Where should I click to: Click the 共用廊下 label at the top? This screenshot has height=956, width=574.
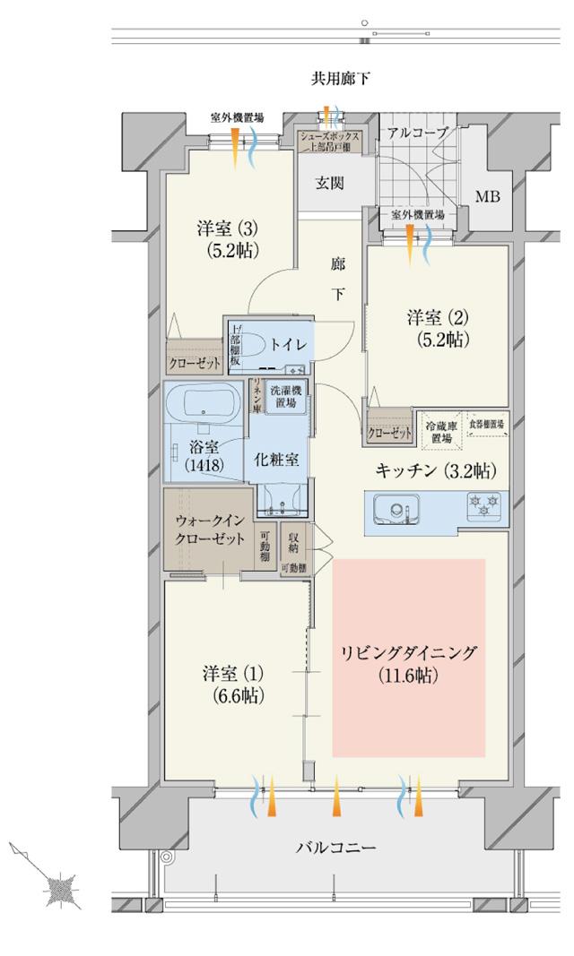pos(340,80)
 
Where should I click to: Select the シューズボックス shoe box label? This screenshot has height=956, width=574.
pos(330,142)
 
